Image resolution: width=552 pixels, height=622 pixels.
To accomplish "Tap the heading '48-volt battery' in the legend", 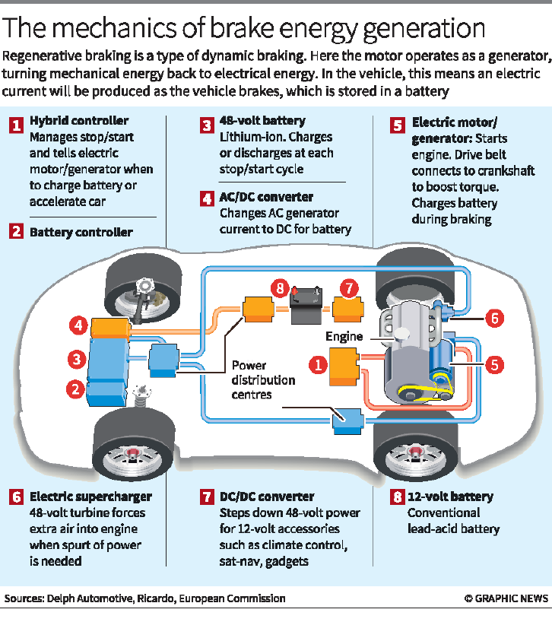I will tap(262, 121).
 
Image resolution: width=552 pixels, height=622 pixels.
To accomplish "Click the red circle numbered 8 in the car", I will tap(280, 289).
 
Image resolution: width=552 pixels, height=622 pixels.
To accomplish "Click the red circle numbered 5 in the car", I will tap(494, 363).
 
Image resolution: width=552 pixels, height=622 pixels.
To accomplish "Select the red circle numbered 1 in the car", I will tap(316, 366).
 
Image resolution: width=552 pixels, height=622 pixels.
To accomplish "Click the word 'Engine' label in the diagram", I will tap(344, 335).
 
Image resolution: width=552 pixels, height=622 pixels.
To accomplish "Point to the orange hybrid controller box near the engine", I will tap(344, 367).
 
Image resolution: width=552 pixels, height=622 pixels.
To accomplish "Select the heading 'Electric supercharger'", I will tap(90, 497).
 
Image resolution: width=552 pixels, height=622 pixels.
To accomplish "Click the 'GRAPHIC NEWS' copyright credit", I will tap(506, 598).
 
